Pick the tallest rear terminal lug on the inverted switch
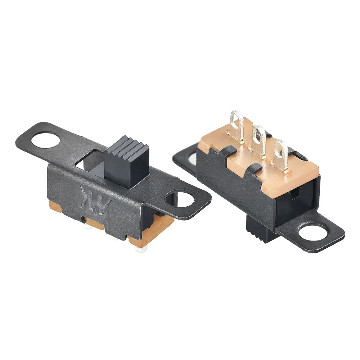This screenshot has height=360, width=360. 236,126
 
